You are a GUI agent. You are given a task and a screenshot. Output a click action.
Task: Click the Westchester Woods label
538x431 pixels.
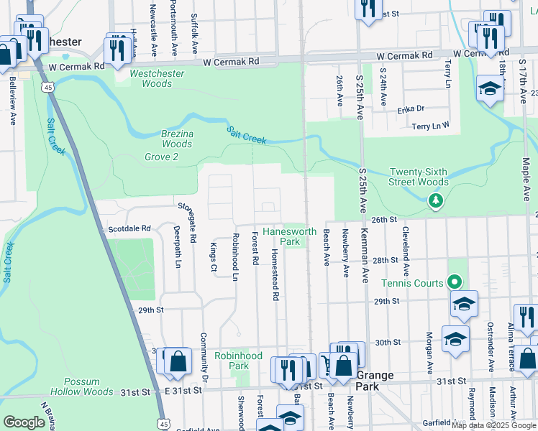tap(156, 79)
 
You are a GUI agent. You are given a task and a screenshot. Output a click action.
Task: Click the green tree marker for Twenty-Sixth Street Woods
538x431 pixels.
tap(435, 203)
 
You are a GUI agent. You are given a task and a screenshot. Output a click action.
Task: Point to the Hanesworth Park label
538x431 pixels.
tap(289, 236)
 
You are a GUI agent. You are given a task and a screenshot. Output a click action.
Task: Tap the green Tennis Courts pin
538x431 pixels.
tap(454, 282)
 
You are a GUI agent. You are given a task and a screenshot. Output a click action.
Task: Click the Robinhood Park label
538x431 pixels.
tap(238, 361)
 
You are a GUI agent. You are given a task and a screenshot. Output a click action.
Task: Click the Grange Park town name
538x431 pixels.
tap(374, 380)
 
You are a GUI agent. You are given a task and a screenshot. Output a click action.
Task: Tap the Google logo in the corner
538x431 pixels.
tap(24, 422)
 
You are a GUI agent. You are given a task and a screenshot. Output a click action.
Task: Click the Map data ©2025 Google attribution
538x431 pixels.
tap(494, 425)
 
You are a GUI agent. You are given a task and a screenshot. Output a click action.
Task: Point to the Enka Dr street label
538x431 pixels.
tap(411, 110)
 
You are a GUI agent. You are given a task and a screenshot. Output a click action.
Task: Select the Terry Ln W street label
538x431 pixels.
tap(430, 125)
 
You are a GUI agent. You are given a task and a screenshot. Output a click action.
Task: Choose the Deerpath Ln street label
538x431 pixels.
tap(176, 249)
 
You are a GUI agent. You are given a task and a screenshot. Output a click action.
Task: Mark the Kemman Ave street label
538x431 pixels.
tap(365, 256)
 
